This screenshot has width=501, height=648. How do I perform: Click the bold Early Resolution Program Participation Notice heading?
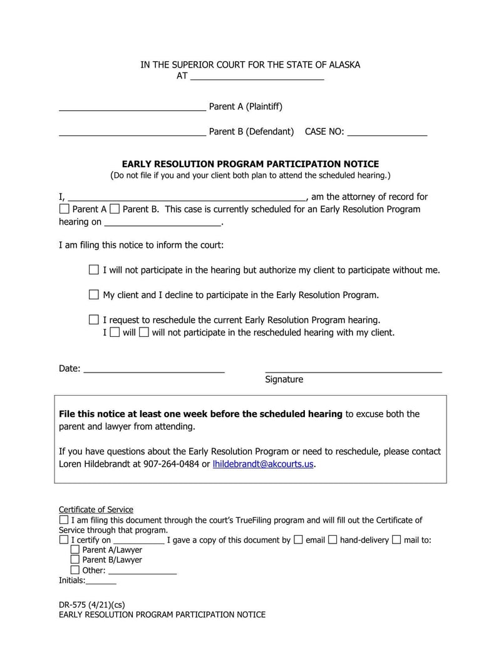pyautogui.click(x=250, y=164)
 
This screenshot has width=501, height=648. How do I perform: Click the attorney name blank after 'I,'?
pyautogui.click(x=187, y=197)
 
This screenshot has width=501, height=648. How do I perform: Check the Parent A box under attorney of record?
pyautogui.click(x=65, y=209)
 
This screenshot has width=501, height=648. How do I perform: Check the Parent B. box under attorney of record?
pyautogui.click(x=115, y=209)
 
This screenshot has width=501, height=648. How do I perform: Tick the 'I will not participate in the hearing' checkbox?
pyautogui.click(x=94, y=270)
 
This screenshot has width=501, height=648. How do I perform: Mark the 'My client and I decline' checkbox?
pyautogui.click(x=94, y=294)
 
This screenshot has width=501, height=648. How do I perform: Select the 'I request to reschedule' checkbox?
pyautogui.click(x=94, y=319)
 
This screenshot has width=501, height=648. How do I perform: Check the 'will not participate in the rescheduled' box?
pyautogui.click(x=143, y=332)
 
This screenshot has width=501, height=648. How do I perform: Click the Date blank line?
pyautogui.click(x=154, y=369)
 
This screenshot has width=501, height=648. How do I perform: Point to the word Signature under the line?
pyautogui.click(x=284, y=379)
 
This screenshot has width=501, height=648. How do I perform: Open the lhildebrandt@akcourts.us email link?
pyautogui.click(x=263, y=464)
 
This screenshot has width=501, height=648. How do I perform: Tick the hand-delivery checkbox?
pyautogui.click(x=333, y=540)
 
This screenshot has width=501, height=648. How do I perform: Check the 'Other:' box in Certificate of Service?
pyautogui.click(x=75, y=570)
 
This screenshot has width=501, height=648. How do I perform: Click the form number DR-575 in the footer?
pyautogui.click(x=72, y=605)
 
